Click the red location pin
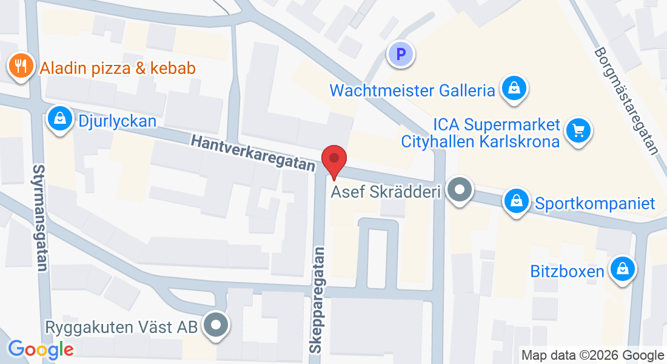[x=333, y=160]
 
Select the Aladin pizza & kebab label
[x=118, y=68]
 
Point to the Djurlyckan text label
[x=117, y=121]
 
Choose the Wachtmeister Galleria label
[x=412, y=91]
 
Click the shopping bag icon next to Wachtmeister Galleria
[x=514, y=89]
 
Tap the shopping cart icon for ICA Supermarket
[x=578, y=129]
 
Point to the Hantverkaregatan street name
[x=253, y=152]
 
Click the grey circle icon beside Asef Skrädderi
[x=459, y=190]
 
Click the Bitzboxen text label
[x=568, y=271]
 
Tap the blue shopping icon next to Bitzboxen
[x=622, y=268]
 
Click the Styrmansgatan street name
[x=41, y=218]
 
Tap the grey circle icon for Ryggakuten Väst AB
[x=216, y=325]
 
